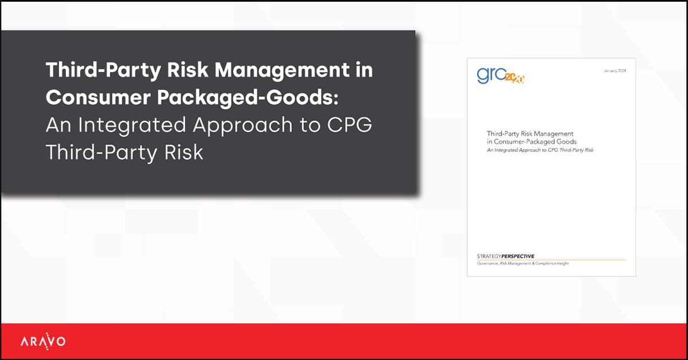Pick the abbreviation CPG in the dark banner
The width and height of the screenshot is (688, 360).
pyautogui.click(x=349, y=126)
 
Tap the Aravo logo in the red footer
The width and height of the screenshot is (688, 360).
pyautogui.click(x=43, y=342)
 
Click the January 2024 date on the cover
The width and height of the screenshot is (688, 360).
pyautogui.click(x=615, y=71)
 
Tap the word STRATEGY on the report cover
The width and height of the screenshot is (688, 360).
pyautogui.click(x=488, y=256)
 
